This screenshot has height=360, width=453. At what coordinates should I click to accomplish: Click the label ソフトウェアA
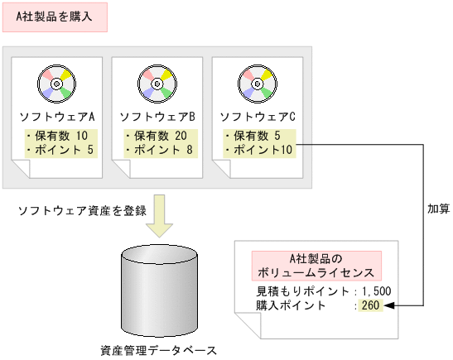pyautogui.click(x=57, y=116)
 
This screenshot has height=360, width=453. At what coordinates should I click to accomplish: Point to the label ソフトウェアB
pyautogui.click(x=158, y=116)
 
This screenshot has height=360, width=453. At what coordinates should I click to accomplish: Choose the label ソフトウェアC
pyautogui.click(x=258, y=116)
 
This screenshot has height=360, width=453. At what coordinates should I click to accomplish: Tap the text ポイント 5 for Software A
pyautogui.click(x=57, y=150)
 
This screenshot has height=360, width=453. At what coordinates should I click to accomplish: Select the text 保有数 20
pyautogui.click(x=158, y=136)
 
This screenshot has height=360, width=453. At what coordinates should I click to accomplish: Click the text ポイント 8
pyautogui.click(x=158, y=150)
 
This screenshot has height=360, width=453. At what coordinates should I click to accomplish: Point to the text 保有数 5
pyautogui.click(x=255, y=136)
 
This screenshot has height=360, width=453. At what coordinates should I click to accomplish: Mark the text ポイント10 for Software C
pyautogui.click(x=258, y=150)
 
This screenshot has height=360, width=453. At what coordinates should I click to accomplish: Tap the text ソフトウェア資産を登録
pyautogui.click(x=83, y=210)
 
